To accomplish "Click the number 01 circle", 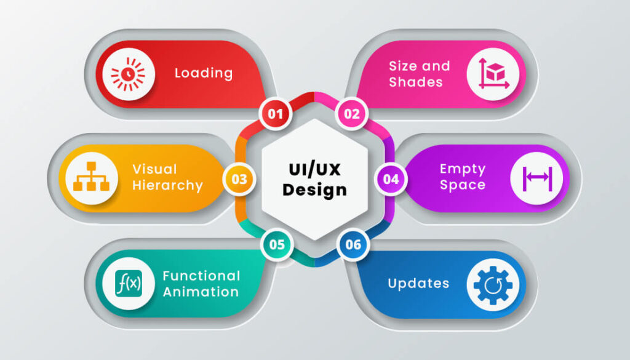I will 275,113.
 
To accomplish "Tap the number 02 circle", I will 351,113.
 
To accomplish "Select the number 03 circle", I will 239,179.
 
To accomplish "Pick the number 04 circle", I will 391,179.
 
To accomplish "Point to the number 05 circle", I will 277,244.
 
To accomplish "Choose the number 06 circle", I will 353,244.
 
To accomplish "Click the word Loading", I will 204,73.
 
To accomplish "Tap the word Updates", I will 418,284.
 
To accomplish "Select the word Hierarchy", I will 168,185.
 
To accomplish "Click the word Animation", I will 201,292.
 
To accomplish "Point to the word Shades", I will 416,82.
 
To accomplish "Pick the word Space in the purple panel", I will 463,185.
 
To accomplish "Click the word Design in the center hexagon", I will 314,190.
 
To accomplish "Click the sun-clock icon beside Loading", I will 128,74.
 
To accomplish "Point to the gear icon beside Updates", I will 493,284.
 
